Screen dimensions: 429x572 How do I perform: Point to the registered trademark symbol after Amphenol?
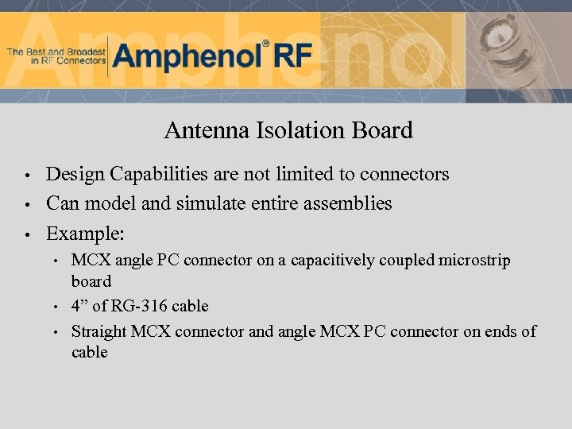click(x=266, y=44)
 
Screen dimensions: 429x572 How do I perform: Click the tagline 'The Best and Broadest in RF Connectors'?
click(x=56, y=56)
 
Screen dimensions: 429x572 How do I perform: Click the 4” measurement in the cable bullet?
click(x=79, y=306)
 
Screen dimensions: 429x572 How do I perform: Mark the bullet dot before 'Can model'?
click(x=26, y=205)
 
